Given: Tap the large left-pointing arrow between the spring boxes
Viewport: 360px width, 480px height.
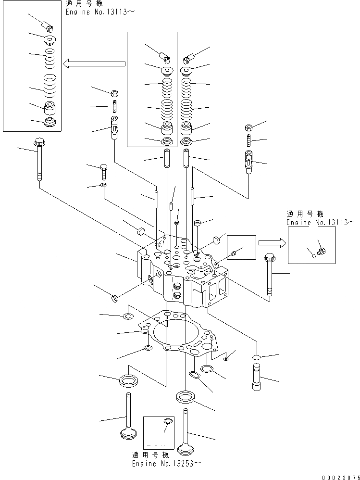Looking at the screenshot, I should coord(95,63).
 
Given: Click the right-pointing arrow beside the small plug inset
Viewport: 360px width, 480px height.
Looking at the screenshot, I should coord(270,243).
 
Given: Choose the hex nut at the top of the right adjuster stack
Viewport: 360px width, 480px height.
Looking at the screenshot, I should coord(248,128).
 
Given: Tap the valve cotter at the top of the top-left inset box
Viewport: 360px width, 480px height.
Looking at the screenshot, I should coord(47,26).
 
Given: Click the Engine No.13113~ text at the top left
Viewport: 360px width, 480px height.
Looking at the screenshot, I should coord(97,13).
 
